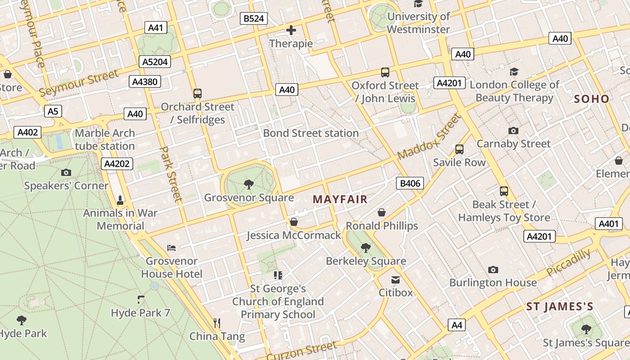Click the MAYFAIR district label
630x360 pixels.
[340, 199]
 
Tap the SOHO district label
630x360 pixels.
[592, 99]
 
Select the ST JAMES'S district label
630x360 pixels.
[560, 307]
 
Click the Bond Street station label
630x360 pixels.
[311, 133]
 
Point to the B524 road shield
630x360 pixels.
[254, 18]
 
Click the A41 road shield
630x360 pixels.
[155, 27]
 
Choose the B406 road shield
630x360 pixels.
[410, 183]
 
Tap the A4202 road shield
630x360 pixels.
[117, 164]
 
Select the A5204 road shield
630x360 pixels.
[155, 62]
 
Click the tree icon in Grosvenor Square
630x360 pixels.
[248, 184]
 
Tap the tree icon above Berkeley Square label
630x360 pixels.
[366, 247]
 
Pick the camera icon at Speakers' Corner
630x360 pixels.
[66, 172]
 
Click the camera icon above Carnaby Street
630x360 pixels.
[513, 130]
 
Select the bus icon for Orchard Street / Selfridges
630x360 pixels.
[197, 94]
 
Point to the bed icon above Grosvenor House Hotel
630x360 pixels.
[171, 247]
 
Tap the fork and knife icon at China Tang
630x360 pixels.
[217, 323]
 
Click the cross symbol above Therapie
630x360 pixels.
[291, 31]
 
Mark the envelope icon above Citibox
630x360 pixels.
[396, 280]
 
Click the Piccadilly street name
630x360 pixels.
[569, 263]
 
